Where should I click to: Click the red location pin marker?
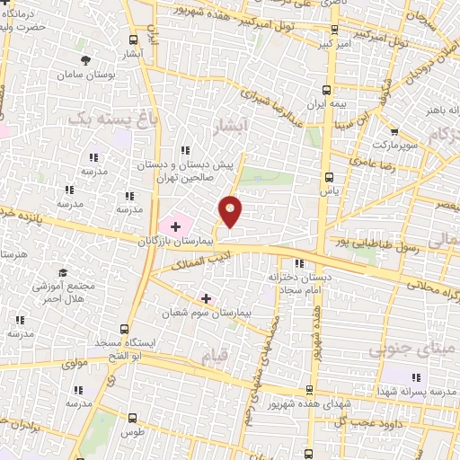[231, 211]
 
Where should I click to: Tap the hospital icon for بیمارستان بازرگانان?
[175, 226]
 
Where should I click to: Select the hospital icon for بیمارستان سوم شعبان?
[206, 298]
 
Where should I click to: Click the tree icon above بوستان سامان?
[85, 60]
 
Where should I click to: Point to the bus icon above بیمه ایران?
[326, 90]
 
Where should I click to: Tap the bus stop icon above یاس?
[329, 177]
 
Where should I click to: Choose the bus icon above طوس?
[133, 418]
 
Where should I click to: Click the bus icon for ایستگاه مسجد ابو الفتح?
[125, 330]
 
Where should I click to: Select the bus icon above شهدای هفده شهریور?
[310, 390]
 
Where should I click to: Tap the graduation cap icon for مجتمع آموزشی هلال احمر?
[63, 272]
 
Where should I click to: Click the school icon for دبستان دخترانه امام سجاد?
[300, 263]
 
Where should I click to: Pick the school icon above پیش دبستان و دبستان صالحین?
[186, 150]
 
